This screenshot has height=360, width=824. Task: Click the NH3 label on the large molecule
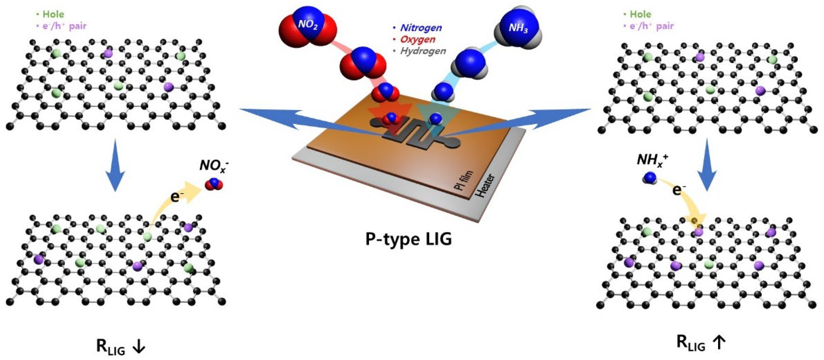click(x=518, y=28)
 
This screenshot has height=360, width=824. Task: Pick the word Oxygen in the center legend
click(x=418, y=39)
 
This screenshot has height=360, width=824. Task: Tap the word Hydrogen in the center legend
click(x=423, y=51)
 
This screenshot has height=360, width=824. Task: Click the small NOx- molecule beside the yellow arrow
click(x=214, y=184)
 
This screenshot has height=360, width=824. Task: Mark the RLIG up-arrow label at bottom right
click(x=701, y=343)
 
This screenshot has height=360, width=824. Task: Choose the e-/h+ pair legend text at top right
click(x=651, y=26)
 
